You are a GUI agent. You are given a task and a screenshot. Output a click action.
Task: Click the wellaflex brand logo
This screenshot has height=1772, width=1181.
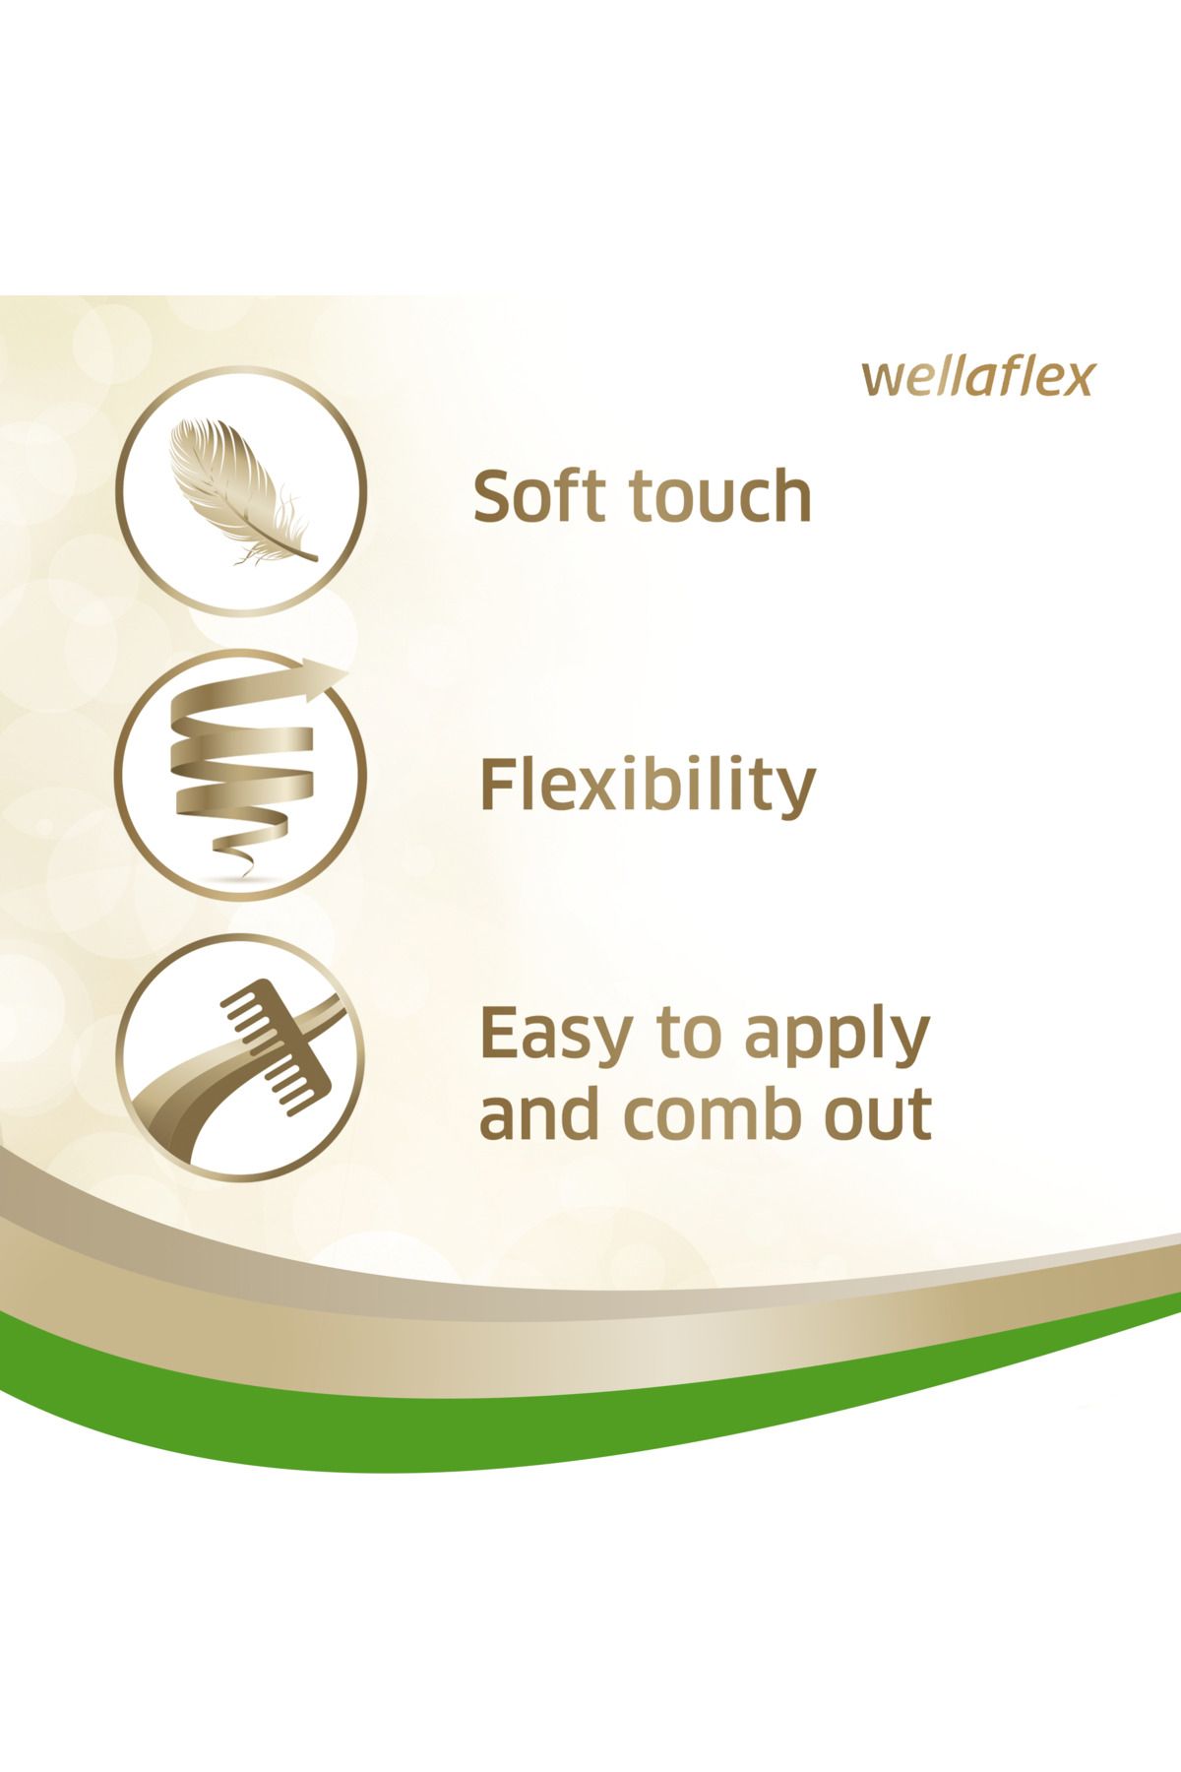[977, 378]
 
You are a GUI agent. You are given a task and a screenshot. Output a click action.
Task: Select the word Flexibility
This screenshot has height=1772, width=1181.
[648, 786]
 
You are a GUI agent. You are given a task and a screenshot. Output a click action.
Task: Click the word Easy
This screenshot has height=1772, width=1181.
[556, 1037]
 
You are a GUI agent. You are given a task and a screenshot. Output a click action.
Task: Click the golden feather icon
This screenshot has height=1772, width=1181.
[241, 492]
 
